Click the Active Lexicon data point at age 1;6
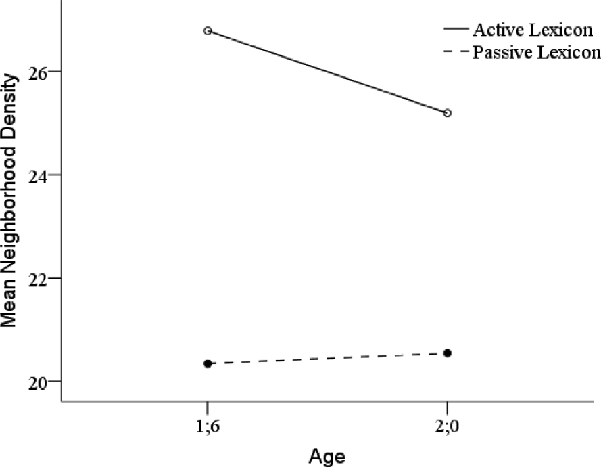(x=208, y=30)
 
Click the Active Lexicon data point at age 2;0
(x=447, y=112)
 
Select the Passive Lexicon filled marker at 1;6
(x=208, y=363)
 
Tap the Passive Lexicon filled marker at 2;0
(x=447, y=353)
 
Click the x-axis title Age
(x=327, y=455)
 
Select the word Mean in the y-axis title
(x=9, y=307)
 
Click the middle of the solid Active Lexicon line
(x=327, y=71)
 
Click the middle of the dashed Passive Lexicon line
(x=327, y=358)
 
